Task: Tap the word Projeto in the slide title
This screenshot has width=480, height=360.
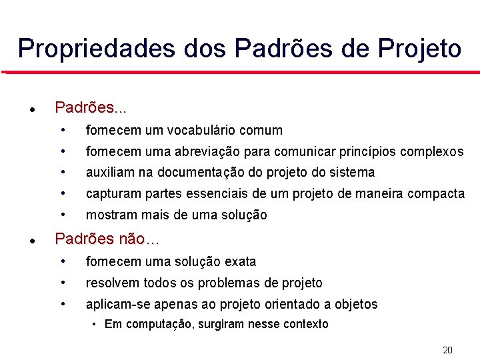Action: [419, 49]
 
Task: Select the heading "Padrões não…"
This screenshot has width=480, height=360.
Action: [107, 239]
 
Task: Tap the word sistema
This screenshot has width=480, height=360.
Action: [351, 173]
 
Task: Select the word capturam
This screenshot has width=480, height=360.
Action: [111, 194]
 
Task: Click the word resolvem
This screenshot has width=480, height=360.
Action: [111, 283]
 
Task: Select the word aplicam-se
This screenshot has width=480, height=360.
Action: [116, 305]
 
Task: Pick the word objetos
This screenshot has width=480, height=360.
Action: [355, 305]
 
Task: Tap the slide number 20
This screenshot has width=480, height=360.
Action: [447, 350]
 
